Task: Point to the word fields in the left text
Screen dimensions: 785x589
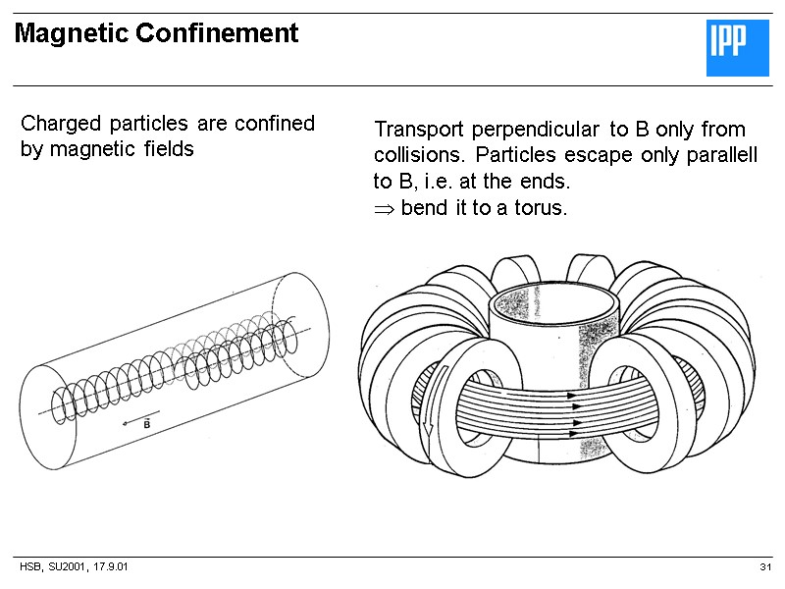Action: click(x=166, y=150)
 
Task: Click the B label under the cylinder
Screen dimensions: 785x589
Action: click(x=146, y=424)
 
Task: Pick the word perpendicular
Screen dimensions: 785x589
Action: click(x=536, y=130)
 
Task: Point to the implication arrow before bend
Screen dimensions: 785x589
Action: click(x=384, y=209)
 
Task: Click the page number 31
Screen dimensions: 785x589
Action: click(x=765, y=569)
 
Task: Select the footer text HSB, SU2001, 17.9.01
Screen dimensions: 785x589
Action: click(x=75, y=569)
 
